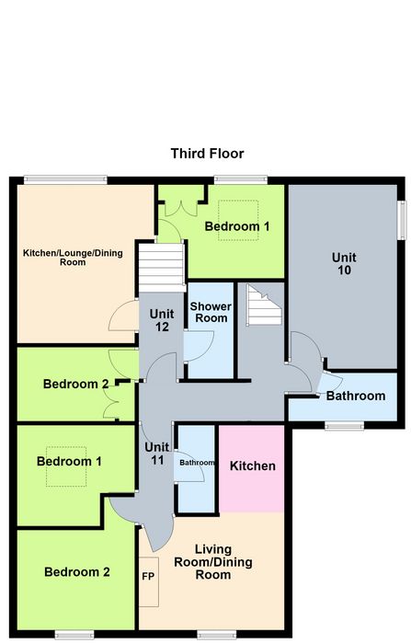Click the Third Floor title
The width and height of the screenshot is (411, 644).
[x=208, y=154]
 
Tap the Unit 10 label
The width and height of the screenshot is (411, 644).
[x=344, y=264]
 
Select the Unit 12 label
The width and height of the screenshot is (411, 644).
[x=161, y=320]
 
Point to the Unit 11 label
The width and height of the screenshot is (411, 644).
[x=157, y=454]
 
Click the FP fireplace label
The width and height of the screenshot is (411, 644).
[x=148, y=576]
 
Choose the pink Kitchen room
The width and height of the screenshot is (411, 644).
[x=252, y=468]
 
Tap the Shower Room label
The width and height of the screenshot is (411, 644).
[x=211, y=312]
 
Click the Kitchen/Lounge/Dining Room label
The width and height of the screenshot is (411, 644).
[x=73, y=258]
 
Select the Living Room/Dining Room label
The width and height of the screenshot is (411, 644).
[x=213, y=562]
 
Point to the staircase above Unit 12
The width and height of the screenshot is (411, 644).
[x=161, y=268]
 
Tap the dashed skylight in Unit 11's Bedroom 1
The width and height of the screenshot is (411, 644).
[x=66, y=466]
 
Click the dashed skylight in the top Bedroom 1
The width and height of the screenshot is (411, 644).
[x=238, y=220]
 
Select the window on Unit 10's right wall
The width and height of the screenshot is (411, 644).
[x=402, y=220]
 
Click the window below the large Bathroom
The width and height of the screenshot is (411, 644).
[x=344, y=425]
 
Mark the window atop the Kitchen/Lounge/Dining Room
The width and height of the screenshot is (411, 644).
[x=65, y=179]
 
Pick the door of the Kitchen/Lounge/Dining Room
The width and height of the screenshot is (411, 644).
[x=123, y=316]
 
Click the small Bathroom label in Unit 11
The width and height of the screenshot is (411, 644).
[x=197, y=463]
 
